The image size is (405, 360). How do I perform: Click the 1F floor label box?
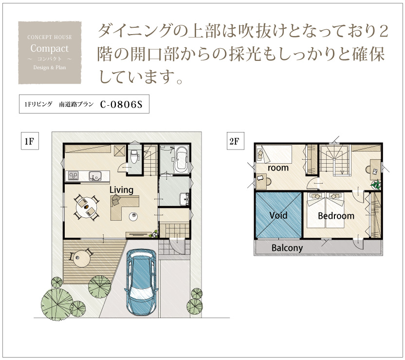[30, 141]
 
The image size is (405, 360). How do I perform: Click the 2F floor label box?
[235, 141]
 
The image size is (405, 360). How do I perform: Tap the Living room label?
[121, 190]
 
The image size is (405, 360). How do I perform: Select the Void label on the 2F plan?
[278, 215]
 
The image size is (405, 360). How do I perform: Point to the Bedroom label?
[336, 216]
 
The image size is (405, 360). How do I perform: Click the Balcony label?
[287, 248]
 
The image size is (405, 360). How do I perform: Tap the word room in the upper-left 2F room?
[278, 168]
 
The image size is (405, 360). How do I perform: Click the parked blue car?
[141, 282]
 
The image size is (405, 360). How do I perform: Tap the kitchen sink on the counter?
[95, 176]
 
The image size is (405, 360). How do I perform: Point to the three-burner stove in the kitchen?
[74, 176]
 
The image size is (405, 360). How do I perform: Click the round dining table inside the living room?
[87, 208]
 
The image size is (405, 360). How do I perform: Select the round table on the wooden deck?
[82, 259]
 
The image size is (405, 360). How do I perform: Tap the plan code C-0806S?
[121, 104]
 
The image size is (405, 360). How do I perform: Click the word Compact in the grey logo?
[50, 48]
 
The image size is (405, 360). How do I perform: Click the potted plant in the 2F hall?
[376, 185]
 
